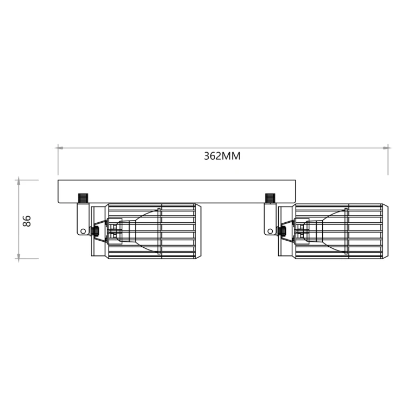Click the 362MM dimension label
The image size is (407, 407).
pos(222,156)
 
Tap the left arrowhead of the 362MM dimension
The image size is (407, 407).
pos(60,147)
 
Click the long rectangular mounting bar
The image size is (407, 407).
pos(177,191)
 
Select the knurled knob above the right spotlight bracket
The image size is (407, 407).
pos(270,197)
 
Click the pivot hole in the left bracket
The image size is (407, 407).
pos(83,231)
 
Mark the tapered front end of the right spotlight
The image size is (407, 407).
pos(386,230)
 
